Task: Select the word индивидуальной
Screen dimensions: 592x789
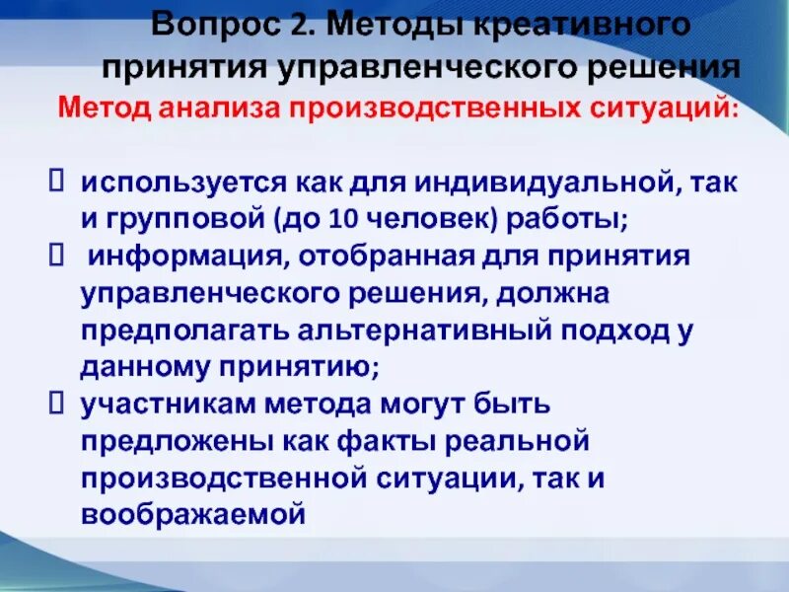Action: [551, 184]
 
